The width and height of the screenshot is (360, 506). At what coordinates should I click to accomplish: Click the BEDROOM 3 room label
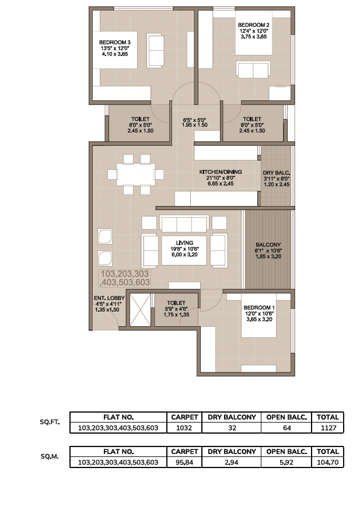pos(115,42)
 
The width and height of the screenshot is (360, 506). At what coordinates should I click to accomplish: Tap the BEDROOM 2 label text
pos(254,25)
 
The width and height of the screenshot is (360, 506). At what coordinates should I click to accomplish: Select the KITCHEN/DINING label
pos(221,172)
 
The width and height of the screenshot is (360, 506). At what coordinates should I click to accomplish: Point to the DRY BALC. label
pos(276,173)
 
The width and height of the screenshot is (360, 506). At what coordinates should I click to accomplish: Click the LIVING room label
pos(184,243)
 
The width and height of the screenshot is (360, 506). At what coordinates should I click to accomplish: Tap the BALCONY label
pos(268,245)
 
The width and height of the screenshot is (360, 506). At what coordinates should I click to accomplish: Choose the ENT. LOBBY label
pos(109,298)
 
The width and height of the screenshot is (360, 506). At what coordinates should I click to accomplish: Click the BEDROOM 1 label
pos(260,308)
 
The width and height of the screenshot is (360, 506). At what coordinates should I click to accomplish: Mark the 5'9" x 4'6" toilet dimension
pos(176,309)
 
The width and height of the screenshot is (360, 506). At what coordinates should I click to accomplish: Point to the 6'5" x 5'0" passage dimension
pos(194,119)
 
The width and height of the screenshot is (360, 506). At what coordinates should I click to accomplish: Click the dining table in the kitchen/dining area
pos(135,175)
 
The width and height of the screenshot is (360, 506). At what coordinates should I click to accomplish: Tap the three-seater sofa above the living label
pos(184,224)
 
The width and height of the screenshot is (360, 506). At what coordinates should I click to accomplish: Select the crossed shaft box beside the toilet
pos(140,310)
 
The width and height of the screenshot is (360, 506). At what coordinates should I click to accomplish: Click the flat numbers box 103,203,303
pos(124,278)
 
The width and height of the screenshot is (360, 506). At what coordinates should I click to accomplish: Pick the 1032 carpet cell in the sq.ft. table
pos(184,428)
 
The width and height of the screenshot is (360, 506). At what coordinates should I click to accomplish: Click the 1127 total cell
pos(328,428)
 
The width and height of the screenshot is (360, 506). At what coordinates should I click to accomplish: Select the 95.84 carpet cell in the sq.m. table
pos(184,462)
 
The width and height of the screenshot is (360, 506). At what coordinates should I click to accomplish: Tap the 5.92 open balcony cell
pos(286,462)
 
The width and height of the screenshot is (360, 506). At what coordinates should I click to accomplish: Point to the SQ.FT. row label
pos(50,422)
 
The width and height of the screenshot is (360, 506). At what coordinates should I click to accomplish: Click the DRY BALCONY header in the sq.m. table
pos(232,452)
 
